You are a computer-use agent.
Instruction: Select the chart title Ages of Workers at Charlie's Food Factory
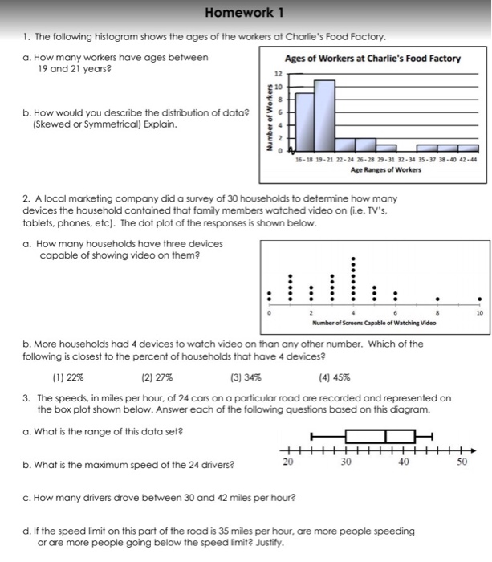point(372,59)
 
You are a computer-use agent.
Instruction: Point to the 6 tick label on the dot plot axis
point(395,312)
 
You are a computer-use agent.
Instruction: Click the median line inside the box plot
point(386,436)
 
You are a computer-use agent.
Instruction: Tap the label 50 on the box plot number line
point(462,464)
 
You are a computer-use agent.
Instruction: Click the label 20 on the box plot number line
point(287,464)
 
